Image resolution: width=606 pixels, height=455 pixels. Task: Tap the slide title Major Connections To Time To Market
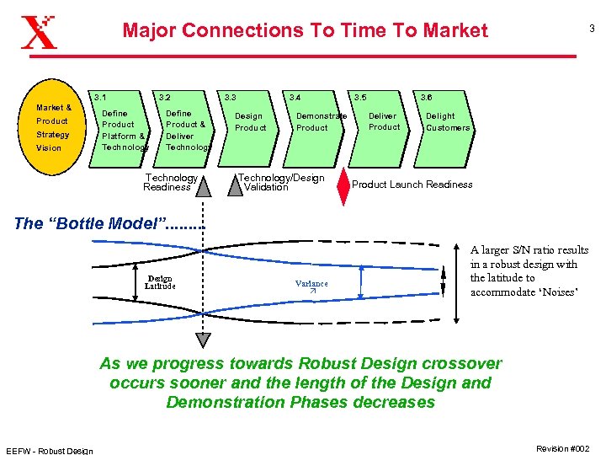pyautogui.click(x=305, y=31)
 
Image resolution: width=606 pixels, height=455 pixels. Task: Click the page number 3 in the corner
pyautogui.click(x=592, y=29)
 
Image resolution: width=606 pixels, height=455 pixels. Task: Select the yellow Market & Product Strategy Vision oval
pyautogui.click(x=53, y=127)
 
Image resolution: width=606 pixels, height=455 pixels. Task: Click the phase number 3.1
pyautogui.click(x=100, y=98)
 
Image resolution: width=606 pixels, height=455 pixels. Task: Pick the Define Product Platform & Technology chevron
pyautogui.click(x=123, y=130)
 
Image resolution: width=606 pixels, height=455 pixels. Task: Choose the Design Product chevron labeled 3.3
pyautogui.click(x=251, y=122)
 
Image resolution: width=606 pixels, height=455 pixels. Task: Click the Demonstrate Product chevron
pyautogui.click(x=316, y=122)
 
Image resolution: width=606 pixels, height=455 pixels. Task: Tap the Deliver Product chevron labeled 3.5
pyautogui.click(x=383, y=122)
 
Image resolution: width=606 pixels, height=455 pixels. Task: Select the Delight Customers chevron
pyautogui.click(x=447, y=122)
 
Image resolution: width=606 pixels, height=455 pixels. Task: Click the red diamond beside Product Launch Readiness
pyautogui.click(x=343, y=185)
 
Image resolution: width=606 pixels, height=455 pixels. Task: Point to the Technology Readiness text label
pyautogui.click(x=171, y=182)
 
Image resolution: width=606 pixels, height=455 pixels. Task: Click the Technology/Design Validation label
pyautogui.click(x=280, y=182)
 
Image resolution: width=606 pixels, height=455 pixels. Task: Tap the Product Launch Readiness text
pyautogui.click(x=412, y=185)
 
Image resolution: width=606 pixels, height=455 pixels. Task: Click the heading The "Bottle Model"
pyautogui.click(x=109, y=223)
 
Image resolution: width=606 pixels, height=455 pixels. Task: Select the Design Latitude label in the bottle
pyautogui.click(x=160, y=282)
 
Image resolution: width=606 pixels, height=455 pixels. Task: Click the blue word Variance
pyautogui.click(x=311, y=284)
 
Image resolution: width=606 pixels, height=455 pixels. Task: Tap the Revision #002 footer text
pyautogui.click(x=563, y=448)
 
